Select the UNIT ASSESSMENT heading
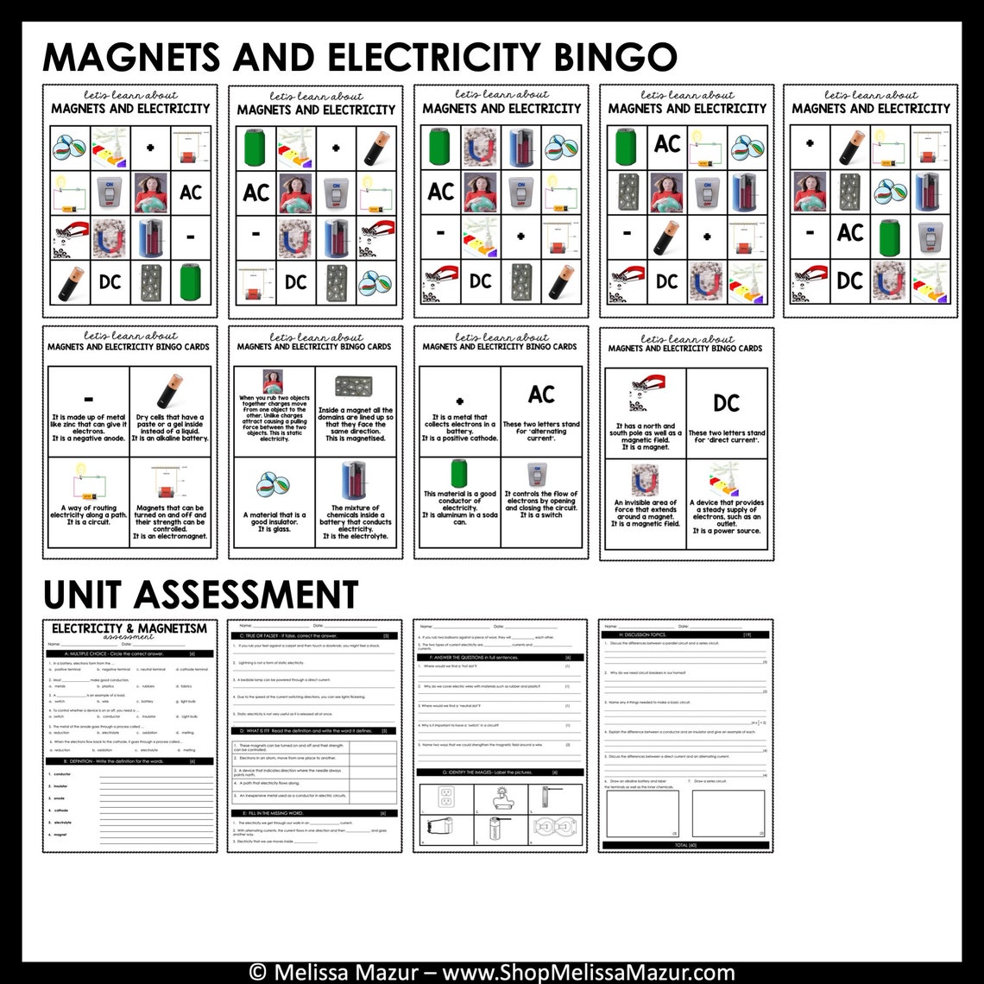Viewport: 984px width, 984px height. pyautogui.click(x=200, y=594)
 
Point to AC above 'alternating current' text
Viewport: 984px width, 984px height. pyautogui.click(x=541, y=394)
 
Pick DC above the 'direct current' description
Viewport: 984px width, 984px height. pyautogui.click(x=726, y=403)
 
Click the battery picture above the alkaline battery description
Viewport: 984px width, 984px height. pyautogui.click(x=170, y=390)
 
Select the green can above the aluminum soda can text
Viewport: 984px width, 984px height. pyautogui.click(x=459, y=474)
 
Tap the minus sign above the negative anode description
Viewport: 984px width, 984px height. pyautogui.click(x=88, y=400)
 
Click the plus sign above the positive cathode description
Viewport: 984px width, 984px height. pyautogui.click(x=459, y=401)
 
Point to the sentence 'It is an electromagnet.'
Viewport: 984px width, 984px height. pyautogui.click(x=170, y=536)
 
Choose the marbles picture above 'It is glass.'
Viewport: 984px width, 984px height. pyautogui.click(x=274, y=484)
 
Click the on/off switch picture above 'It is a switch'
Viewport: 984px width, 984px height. pyautogui.click(x=541, y=475)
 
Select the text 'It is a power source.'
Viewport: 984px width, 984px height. pyautogui.click(x=726, y=532)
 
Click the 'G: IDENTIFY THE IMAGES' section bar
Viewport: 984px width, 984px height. pyautogui.click(x=500, y=772)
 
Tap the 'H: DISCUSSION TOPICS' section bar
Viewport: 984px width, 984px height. pyautogui.click(x=685, y=634)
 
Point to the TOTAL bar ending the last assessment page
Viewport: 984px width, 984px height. pyautogui.click(x=685, y=844)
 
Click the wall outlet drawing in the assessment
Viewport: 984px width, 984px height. pyautogui.click(x=445, y=796)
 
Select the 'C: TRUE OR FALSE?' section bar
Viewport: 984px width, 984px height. pyautogui.click(x=314, y=635)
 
